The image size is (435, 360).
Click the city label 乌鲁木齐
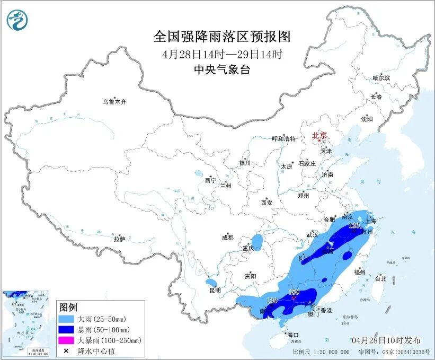tap(115, 101)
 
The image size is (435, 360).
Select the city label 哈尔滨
tap(381, 78)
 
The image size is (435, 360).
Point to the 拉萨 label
tap(119, 239)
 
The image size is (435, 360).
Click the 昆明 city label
tap(215, 290)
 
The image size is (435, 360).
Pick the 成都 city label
tap(228, 238)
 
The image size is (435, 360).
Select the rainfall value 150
tap(294, 292)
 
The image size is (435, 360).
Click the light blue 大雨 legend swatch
tap(67, 320)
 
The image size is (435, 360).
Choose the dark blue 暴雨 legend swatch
tap(67, 330)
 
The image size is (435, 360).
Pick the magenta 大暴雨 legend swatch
tap(67, 340)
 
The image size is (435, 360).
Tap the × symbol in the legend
tap(67, 350)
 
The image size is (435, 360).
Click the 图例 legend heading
tap(68, 308)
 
